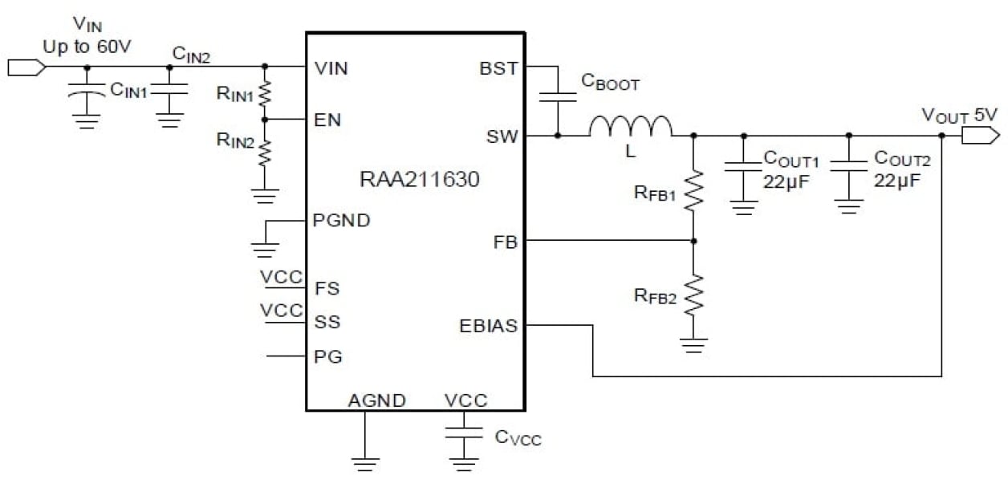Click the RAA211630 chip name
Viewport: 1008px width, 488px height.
(x=419, y=180)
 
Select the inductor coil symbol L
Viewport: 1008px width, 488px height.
(x=631, y=127)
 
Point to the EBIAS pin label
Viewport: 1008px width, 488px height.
(x=488, y=326)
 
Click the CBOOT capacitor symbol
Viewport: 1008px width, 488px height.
(x=558, y=96)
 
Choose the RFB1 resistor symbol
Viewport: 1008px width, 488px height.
(x=694, y=191)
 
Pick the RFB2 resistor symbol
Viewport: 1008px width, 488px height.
(x=694, y=295)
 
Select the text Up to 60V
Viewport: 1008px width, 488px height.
(x=87, y=47)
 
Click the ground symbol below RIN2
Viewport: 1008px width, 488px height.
(x=266, y=194)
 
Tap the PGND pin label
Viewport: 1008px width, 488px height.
(x=342, y=221)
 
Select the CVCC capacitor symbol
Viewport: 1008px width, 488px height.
(x=462, y=435)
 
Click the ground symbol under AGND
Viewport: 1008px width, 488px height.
(x=364, y=463)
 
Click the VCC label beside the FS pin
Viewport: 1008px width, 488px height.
(x=282, y=278)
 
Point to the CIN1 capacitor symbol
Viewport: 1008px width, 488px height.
(x=87, y=93)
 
